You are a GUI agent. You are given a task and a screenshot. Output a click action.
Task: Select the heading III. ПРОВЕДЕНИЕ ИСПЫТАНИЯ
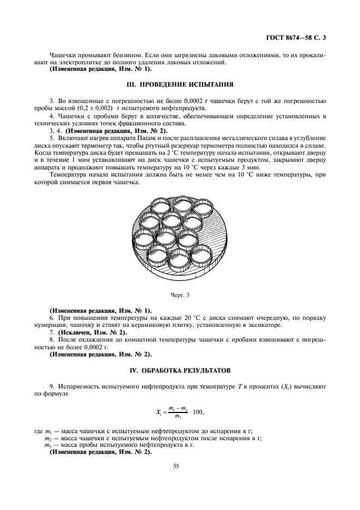[x=180, y=84]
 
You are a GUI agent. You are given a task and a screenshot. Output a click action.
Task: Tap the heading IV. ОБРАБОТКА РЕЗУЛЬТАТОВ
[x=180, y=371]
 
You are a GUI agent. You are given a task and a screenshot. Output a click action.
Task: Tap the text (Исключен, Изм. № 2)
[x=92, y=332]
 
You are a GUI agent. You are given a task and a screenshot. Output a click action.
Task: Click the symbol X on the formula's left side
[x=158, y=412]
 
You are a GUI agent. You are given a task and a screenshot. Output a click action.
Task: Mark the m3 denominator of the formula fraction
[x=178, y=417]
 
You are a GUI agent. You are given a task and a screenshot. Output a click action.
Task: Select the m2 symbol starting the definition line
[x=48, y=438]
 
